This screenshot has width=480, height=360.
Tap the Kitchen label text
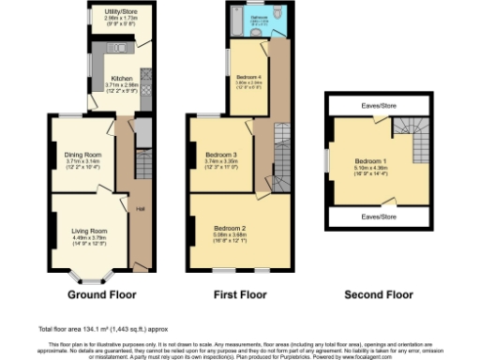pos(122,78)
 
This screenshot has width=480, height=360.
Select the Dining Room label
pos(82,154)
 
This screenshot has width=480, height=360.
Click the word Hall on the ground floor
pos(141,208)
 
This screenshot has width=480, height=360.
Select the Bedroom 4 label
pos(247,76)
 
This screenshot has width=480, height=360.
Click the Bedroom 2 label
pos(229,228)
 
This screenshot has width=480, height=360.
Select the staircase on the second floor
pos(412,141)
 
